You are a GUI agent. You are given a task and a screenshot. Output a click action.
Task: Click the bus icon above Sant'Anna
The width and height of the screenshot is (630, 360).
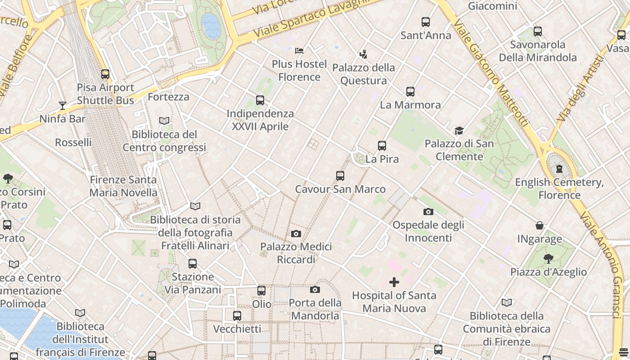425,22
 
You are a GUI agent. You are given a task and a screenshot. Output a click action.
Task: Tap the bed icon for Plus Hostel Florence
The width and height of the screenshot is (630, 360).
299,50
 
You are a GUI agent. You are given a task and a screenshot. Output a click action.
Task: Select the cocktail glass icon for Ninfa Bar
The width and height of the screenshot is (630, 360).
63,106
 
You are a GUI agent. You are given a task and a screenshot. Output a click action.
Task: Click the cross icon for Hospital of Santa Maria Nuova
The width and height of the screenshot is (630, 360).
394,282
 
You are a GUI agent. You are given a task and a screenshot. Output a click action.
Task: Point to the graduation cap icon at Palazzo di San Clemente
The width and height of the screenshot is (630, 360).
459,130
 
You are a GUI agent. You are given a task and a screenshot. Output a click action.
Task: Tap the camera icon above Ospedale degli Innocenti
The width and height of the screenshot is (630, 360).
428,211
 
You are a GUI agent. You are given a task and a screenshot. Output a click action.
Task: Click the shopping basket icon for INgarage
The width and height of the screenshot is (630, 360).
540,225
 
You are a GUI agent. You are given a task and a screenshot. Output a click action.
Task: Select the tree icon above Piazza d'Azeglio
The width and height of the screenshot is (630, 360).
548,259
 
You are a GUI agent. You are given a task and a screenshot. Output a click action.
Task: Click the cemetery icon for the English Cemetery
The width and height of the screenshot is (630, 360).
559,169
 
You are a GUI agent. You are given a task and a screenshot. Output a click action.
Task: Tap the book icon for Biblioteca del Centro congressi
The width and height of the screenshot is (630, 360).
164,121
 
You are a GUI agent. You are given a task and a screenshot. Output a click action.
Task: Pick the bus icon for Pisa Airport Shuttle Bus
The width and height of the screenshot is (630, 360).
105,74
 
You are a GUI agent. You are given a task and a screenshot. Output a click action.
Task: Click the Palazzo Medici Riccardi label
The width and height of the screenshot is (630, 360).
296,253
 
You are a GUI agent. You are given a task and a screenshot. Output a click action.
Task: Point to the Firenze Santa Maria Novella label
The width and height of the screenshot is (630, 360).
123,186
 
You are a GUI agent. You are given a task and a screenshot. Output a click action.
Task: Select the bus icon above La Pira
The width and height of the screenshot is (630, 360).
382,146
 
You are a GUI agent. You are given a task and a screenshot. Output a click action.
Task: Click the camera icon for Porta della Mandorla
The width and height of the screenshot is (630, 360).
315,289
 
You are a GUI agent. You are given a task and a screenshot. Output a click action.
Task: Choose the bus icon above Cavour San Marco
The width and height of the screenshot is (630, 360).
340,176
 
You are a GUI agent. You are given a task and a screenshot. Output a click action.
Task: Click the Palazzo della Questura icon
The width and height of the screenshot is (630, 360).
363,54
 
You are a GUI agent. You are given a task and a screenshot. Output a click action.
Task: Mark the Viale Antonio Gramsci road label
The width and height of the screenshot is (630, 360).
609,265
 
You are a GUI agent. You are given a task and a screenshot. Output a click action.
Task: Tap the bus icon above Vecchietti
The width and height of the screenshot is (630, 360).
237,316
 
